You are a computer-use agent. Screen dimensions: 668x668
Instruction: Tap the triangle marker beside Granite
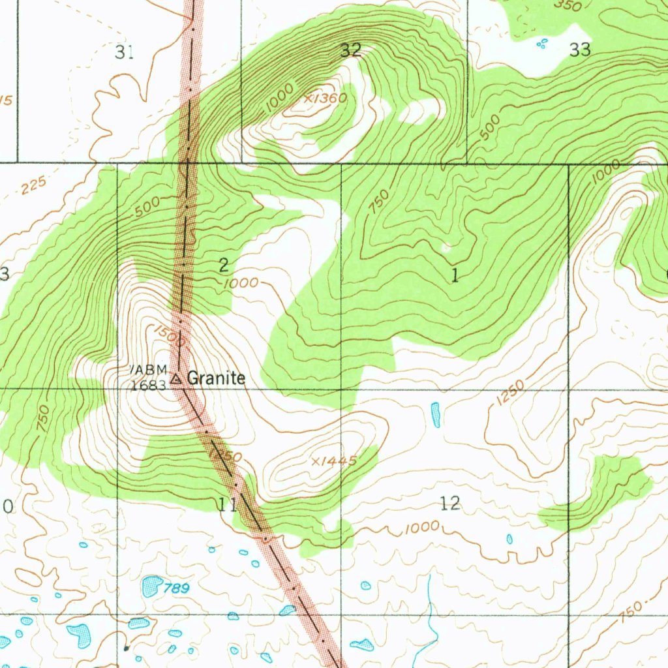(x=176, y=378)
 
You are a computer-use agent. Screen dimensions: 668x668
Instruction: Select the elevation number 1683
(x=148, y=385)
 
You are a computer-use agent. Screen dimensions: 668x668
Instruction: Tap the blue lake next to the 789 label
(x=152, y=586)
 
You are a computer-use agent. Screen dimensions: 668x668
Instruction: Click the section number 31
(x=124, y=52)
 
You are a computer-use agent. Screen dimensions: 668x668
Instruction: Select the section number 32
(x=351, y=50)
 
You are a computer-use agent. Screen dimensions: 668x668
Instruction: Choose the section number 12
(x=450, y=503)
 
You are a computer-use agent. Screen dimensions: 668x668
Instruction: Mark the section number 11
(x=228, y=504)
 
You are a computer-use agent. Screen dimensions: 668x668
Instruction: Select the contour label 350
(x=568, y=6)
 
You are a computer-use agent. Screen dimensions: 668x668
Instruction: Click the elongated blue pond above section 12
(x=435, y=414)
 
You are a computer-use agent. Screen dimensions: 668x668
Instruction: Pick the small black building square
(x=127, y=648)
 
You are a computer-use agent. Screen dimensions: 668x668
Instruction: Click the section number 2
(x=224, y=265)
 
